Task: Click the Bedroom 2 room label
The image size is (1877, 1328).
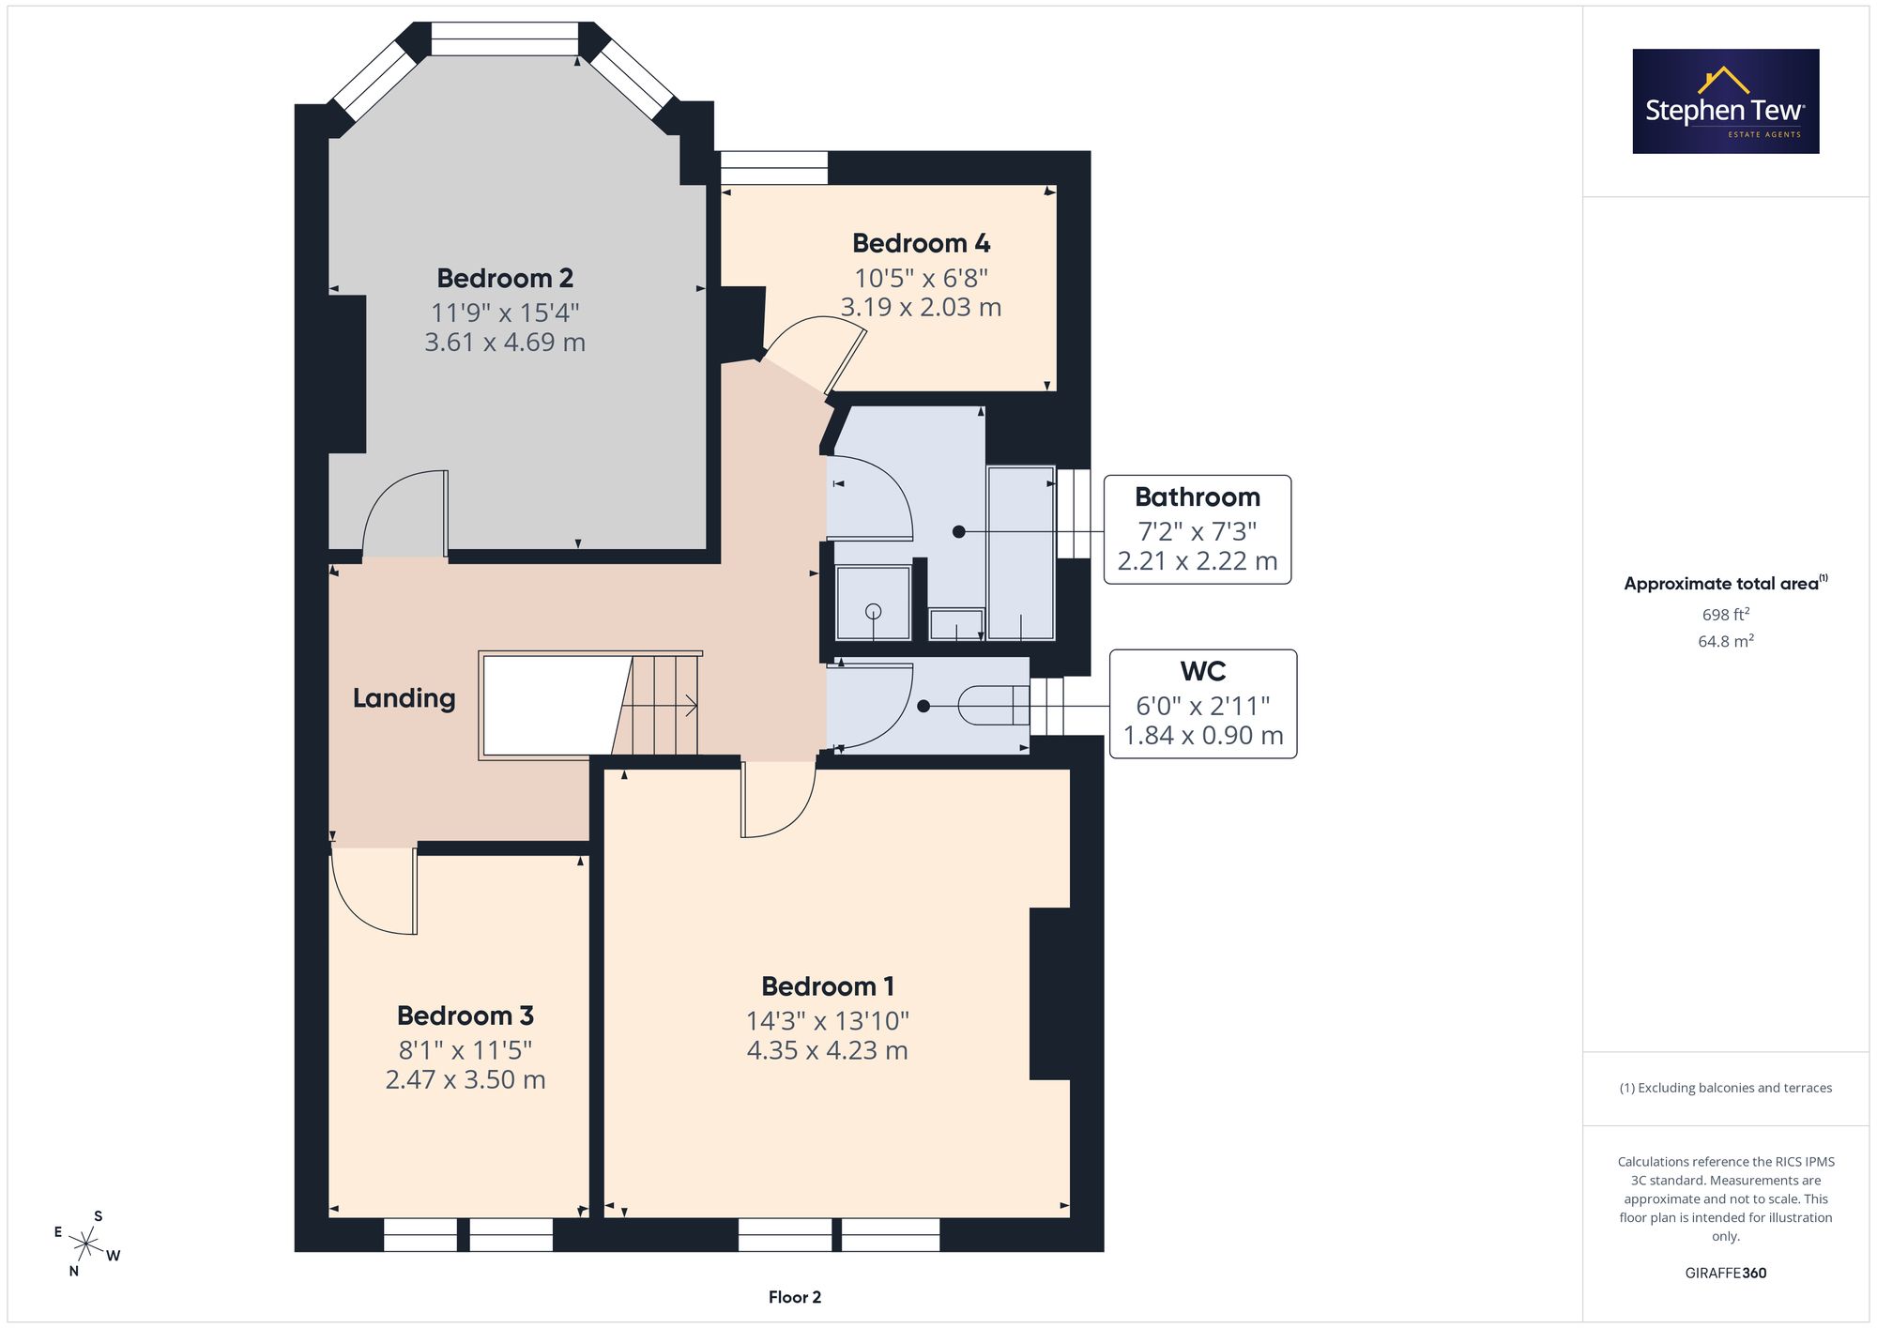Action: coord(505,278)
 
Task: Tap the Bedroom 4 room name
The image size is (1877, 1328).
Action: coord(921,243)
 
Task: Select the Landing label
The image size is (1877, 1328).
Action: coord(404,698)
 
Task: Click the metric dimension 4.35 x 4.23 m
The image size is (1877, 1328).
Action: coord(827,1050)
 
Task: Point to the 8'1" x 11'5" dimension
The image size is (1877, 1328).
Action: coord(465,1049)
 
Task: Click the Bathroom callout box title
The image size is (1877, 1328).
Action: coord(1198,496)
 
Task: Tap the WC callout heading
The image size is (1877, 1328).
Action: coord(1203,671)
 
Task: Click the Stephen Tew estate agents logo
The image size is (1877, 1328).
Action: coord(1726,101)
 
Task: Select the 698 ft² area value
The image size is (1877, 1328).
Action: coord(1726,615)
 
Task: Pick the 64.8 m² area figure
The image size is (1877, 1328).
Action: coord(1726,641)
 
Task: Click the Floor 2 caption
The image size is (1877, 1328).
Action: coord(795,1297)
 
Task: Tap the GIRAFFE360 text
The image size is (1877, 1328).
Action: coord(1726,1274)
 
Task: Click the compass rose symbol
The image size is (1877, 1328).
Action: coord(87,1244)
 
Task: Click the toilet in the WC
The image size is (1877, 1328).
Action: coord(994,706)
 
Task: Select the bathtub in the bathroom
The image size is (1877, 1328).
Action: coord(1021,553)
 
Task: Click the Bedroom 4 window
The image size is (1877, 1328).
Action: coord(774,168)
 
